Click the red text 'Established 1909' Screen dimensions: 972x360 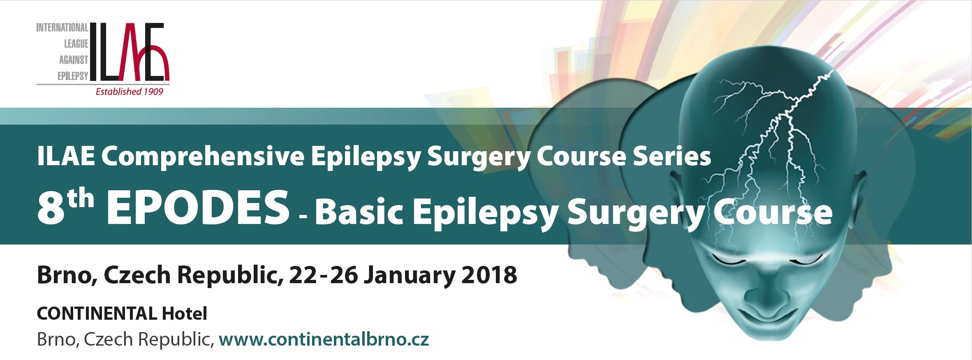click(130, 92)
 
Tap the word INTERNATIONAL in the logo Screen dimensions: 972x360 click(62, 28)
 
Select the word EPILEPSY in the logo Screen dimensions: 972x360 click(73, 76)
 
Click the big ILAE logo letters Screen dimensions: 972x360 click(130, 51)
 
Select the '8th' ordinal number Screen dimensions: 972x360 click(65, 207)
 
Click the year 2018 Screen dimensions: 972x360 click(489, 275)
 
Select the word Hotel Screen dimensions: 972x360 click(185, 314)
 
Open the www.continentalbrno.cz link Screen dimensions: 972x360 click(324, 339)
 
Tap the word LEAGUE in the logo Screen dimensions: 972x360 click(76, 44)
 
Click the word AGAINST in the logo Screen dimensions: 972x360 click(74, 60)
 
